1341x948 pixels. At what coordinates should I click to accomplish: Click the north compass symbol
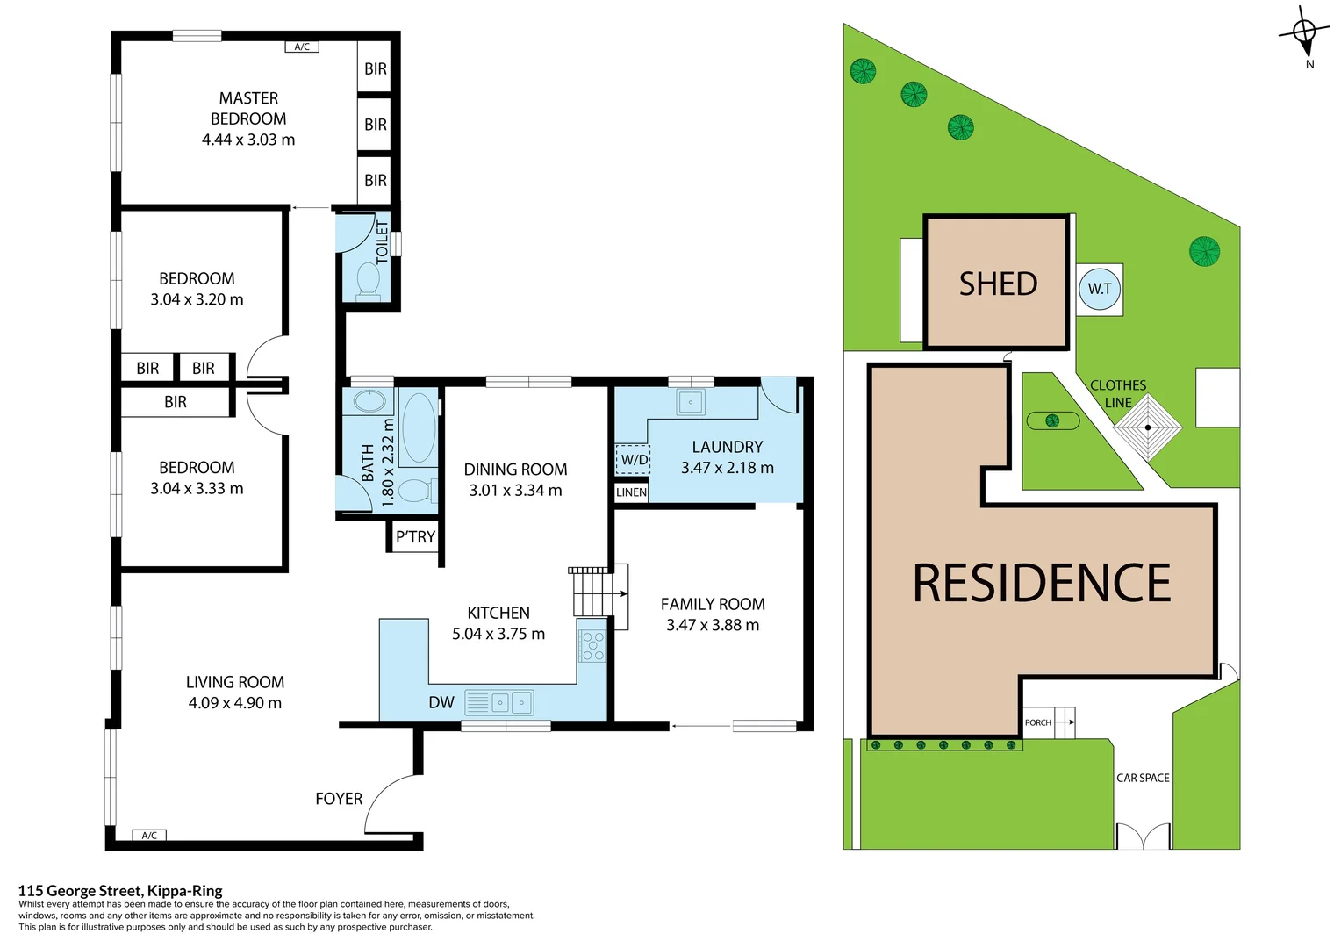[1305, 34]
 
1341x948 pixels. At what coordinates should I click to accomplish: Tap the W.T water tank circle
[1100, 289]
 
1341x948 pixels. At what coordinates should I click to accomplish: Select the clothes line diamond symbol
[1148, 427]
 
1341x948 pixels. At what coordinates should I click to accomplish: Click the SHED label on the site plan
[998, 284]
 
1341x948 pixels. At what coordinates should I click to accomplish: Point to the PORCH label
[1038, 722]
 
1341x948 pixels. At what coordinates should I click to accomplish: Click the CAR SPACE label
[1143, 778]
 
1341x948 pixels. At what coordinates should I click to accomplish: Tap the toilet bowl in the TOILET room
[369, 281]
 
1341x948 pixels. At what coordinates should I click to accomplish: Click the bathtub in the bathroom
[419, 428]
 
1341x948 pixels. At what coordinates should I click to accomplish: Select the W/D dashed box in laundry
[633, 459]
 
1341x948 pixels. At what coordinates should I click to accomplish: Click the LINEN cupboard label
[631, 492]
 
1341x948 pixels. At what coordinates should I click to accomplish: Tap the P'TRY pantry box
[414, 536]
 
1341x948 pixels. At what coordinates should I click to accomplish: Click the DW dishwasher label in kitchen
[441, 702]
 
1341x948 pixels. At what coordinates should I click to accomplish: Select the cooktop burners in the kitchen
[592, 645]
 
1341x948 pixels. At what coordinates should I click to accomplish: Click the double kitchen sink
[510, 702]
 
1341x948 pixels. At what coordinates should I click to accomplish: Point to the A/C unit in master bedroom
[302, 47]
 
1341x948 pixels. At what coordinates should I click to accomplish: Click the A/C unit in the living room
[149, 835]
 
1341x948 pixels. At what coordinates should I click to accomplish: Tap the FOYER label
[339, 799]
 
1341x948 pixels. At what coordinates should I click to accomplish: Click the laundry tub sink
[691, 403]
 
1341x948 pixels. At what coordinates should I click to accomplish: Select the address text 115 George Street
[120, 891]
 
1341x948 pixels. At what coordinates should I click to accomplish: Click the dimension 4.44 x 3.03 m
[248, 140]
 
